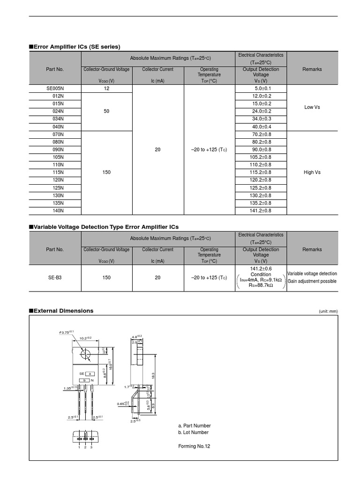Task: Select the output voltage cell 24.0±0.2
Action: [x=261, y=111]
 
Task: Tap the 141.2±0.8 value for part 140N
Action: [x=261, y=211]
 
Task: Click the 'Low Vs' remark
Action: [x=312, y=107]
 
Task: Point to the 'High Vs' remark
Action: [x=312, y=172]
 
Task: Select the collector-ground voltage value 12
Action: [x=106, y=88]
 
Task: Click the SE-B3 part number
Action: [x=55, y=277]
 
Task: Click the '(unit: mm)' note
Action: [x=328, y=312]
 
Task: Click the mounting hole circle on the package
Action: [x=85, y=355]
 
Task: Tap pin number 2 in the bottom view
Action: [x=85, y=448]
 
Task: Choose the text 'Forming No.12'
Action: [x=194, y=446]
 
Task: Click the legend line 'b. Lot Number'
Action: [x=193, y=432]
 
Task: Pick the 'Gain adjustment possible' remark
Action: [x=312, y=281]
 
